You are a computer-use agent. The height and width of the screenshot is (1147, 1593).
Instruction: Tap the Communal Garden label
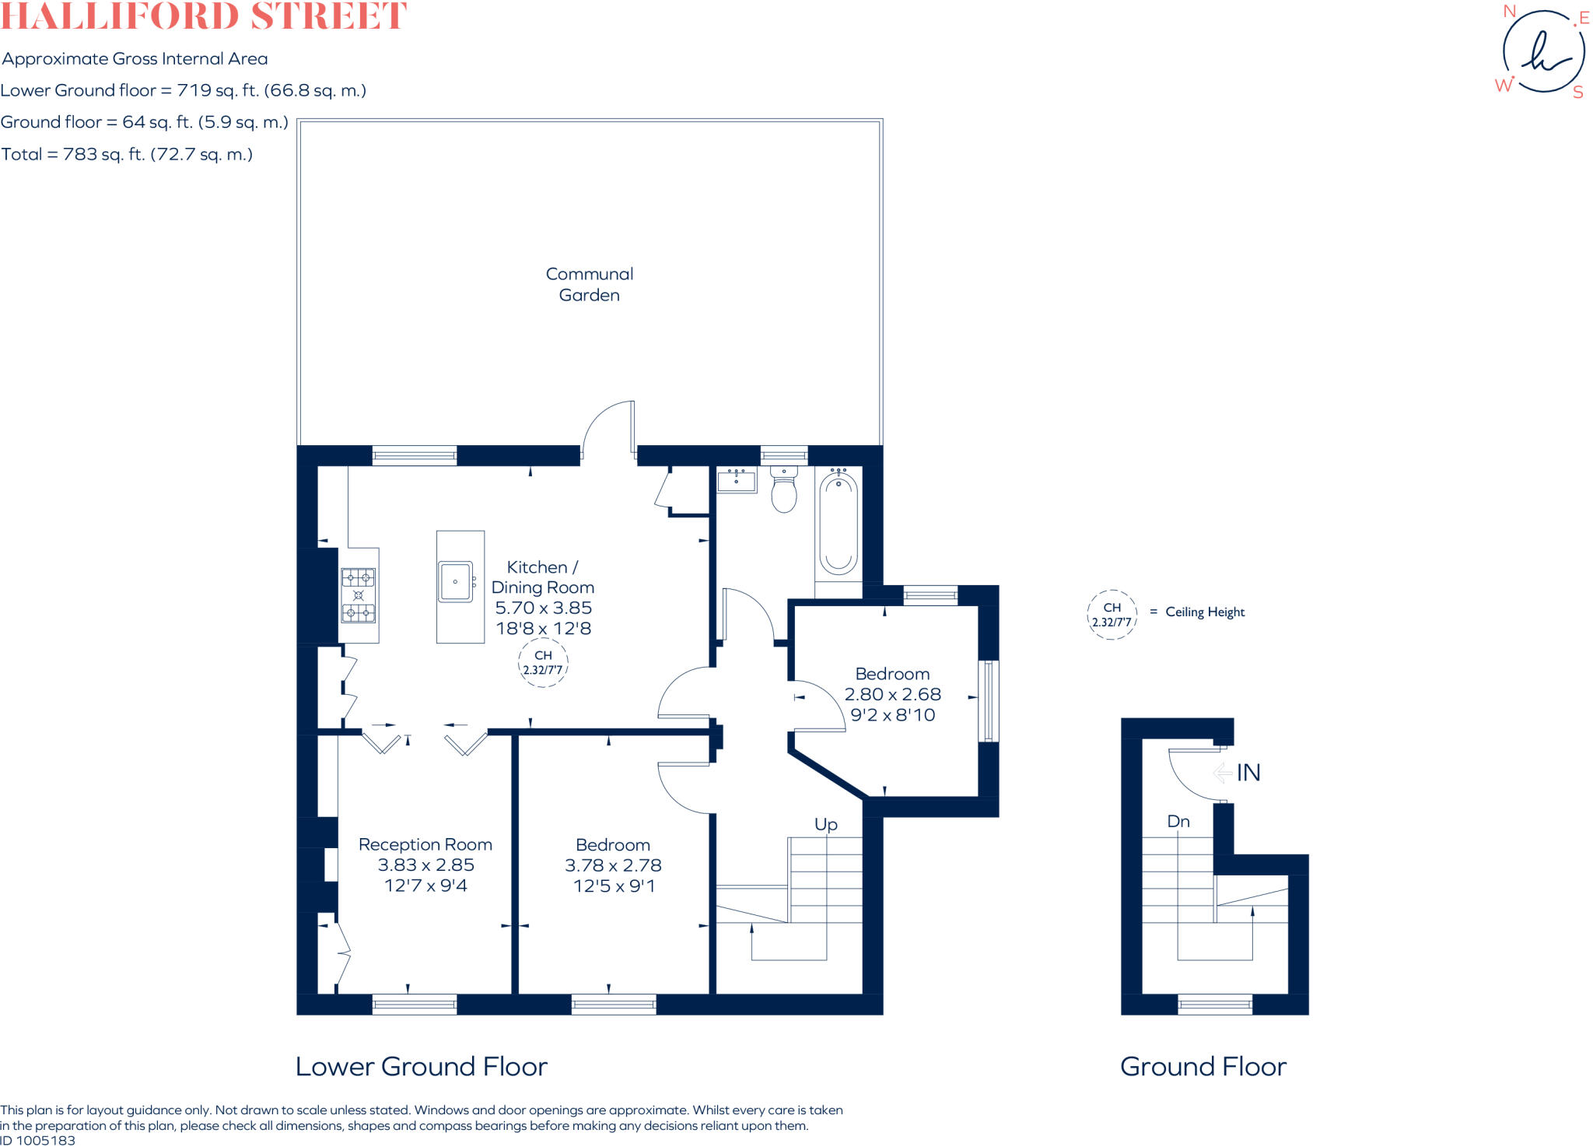tap(589, 284)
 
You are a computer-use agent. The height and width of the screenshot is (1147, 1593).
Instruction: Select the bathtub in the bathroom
tap(838, 523)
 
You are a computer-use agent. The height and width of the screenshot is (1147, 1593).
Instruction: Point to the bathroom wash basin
tap(736, 480)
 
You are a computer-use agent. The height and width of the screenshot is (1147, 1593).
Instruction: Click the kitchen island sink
tap(455, 581)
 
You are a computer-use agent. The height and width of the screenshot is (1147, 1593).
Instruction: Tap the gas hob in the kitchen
tap(359, 595)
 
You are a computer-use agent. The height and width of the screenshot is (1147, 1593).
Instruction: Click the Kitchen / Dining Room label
tap(542, 577)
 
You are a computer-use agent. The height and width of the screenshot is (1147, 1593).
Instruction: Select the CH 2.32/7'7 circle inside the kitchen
tap(543, 663)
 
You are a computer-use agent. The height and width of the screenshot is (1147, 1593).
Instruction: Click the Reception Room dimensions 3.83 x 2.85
tap(425, 865)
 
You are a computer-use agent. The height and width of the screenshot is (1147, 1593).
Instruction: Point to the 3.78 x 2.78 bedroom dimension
tap(613, 865)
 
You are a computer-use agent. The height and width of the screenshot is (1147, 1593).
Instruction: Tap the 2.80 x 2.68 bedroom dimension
tap(892, 694)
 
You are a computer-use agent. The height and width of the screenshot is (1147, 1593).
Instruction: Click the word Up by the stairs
tap(825, 824)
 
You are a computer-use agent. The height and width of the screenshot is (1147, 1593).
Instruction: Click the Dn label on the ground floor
tap(1178, 821)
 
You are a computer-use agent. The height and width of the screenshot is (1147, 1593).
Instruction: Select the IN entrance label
tap(1248, 773)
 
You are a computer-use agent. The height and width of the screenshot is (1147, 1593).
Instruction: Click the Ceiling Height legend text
tap(1204, 612)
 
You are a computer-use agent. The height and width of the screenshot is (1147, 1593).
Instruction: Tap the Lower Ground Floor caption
tap(422, 1066)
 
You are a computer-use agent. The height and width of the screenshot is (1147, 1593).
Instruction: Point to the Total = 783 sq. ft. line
tap(127, 154)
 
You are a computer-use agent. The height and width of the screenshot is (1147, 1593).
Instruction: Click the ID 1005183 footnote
tap(38, 1141)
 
